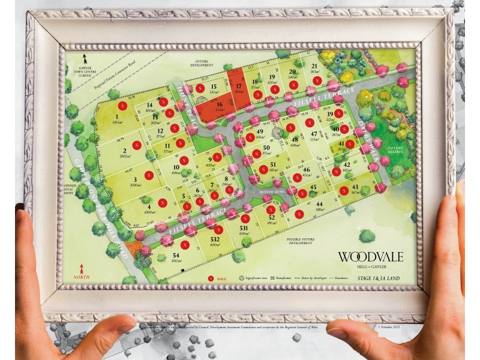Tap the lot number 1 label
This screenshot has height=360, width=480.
(116, 117)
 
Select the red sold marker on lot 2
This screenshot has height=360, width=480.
(137, 144)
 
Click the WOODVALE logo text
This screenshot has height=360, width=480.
(370, 257)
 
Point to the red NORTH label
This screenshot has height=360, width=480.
(81, 278)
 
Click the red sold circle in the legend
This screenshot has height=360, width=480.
(211, 278)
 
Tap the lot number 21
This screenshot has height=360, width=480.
(314, 66)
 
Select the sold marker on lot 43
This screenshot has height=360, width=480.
(344, 191)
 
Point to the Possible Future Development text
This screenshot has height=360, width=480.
(300, 241)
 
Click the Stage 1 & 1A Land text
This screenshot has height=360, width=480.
(379, 278)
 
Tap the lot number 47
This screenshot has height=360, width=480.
(314, 134)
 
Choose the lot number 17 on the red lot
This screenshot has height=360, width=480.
(238, 86)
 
